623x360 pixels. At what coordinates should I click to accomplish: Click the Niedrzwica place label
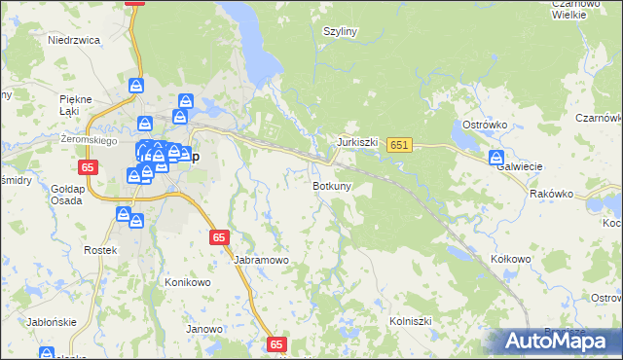coord(75,41)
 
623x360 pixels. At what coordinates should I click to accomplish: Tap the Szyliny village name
coord(341,31)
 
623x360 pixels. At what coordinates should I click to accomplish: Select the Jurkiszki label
coord(356,142)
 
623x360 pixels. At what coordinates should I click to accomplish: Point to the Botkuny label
coord(332,185)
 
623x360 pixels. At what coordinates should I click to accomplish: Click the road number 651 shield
coord(399,145)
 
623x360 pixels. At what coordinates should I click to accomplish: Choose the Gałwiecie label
coord(519,166)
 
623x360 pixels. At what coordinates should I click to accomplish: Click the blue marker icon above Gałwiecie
coord(496,158)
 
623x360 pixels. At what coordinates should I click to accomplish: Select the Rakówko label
coord(551,194)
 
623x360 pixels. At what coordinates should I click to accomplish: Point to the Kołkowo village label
coord(510,259)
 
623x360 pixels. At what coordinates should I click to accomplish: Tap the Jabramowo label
coord(261,261)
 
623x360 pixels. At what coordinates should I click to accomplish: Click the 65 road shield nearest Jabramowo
coord(219,237)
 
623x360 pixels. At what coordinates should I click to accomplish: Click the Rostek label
coord(100,250)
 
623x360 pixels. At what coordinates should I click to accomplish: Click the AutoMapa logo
coord(563,341)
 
